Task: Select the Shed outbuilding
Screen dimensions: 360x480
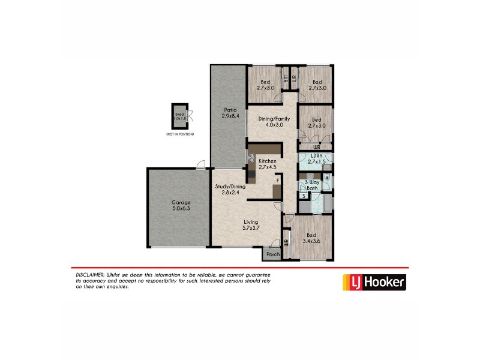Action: click(179, 117)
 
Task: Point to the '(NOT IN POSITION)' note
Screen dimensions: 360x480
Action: click(180, 134)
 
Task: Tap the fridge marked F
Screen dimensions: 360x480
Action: click(277, 181)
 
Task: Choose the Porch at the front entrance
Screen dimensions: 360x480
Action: click(273, 254)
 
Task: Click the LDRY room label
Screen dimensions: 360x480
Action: click(316, 155)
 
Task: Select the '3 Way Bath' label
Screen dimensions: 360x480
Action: click(311, 185)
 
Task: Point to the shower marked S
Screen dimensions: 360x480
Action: click(304, 196)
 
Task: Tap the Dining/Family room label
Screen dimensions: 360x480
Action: click(274, 119)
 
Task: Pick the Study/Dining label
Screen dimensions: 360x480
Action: click(230, 187)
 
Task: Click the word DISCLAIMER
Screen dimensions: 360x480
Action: click(87, 274)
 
